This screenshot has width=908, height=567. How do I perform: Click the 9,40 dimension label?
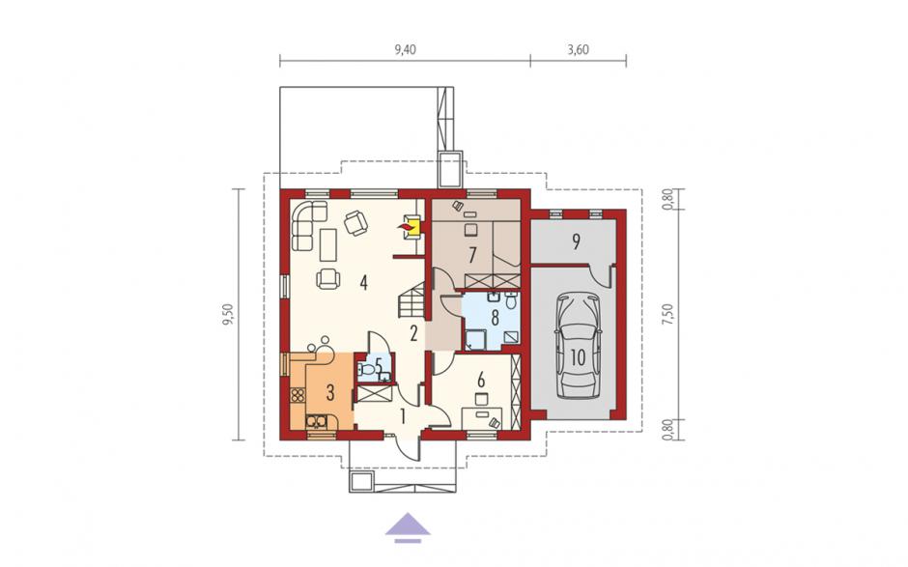click(406, 50)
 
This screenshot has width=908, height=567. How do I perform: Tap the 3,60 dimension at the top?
click(578, 50)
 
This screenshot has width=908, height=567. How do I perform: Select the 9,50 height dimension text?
click(228, 315)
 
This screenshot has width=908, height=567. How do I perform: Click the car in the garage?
click(578, 347)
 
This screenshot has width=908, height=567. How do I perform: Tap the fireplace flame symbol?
click(408, 228)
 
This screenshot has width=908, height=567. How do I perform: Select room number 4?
click(363, 283)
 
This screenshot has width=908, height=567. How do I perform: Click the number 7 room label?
click(472, 254)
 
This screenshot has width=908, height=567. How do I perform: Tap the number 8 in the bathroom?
click(495, 318)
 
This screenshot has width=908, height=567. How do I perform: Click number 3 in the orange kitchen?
click(330, 393)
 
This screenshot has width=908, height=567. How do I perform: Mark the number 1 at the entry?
click(403, 416)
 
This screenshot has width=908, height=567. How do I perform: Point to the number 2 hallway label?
click(413, 333)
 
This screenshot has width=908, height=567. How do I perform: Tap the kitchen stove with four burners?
click(298, 396)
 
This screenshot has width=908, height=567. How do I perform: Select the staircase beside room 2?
click(411, 299)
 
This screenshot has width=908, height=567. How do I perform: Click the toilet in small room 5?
click(366, 368)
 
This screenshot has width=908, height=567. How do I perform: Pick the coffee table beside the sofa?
click(327, 243)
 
